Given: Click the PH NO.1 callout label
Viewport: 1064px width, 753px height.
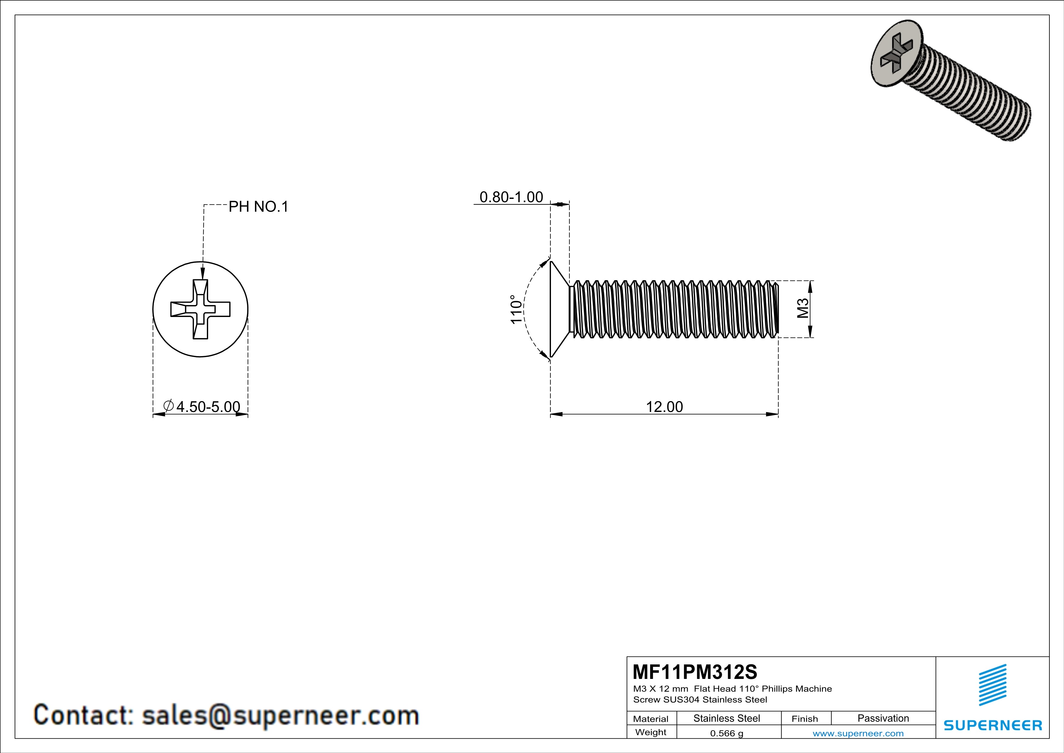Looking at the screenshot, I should pos(258,207).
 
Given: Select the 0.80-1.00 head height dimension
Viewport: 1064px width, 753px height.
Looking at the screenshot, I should pos(511,197).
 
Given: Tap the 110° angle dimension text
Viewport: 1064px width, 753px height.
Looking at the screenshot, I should pos(516,309).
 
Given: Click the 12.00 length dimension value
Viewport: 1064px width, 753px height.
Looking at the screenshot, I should pos(664,407).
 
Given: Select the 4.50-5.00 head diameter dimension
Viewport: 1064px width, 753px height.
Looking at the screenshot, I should pos(208,407).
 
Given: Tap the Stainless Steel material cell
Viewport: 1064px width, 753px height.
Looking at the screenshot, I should pos(726,718).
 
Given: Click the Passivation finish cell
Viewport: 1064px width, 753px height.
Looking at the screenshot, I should pos(883,718).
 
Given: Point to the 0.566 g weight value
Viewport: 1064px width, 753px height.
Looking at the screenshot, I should pos(726,733).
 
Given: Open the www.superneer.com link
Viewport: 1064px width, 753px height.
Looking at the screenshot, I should pos(858,733).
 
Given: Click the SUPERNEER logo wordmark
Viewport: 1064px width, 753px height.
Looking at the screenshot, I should pos(993,725).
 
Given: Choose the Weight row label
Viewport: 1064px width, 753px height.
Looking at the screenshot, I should pos(651,732).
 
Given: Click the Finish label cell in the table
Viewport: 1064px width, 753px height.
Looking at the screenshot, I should pos(805,719).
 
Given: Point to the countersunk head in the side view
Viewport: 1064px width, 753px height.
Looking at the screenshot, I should pos(559,309).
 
